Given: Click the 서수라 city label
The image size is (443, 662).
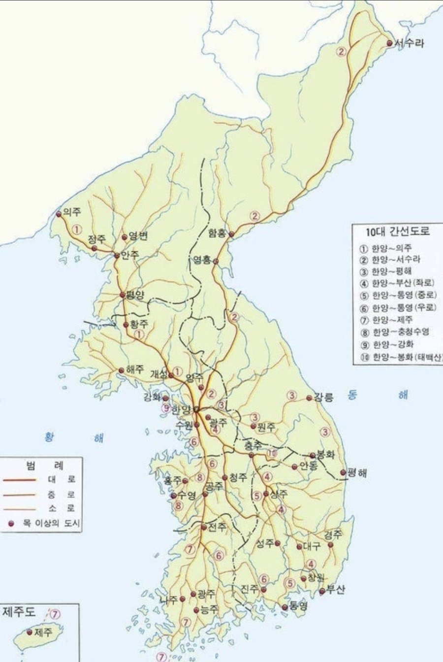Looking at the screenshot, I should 409,43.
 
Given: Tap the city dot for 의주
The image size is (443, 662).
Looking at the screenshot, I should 59,214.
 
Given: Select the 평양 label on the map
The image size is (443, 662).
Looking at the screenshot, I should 136,295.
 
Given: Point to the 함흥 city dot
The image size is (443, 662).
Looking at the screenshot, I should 231,234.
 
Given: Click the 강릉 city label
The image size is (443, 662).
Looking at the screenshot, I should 324,397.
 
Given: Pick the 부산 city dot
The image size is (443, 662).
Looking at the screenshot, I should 322,591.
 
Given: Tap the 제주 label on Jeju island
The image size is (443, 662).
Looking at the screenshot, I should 44,631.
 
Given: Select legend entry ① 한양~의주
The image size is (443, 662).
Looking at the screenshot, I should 392,248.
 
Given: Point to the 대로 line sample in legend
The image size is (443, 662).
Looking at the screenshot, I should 19,479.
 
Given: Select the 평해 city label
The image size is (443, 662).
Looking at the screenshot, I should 357,473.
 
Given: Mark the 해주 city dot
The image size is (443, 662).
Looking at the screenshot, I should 121,370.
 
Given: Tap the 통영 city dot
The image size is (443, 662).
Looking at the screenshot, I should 285,607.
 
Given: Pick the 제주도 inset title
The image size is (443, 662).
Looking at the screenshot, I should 19,612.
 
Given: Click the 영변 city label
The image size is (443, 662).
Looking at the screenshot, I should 138,236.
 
